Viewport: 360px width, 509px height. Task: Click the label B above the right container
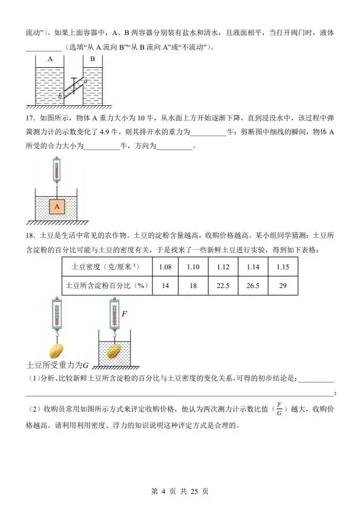(93, 59)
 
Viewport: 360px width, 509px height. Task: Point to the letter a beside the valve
(85, 80)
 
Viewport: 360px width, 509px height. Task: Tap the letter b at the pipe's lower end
(60, 96)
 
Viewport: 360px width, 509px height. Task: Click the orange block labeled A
(56, 207)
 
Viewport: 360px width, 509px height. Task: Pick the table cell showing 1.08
(163, 267)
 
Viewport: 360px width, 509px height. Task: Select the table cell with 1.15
(281, 267)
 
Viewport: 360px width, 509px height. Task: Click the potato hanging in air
(56, 351)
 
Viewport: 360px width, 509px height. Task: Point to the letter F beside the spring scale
(125, 315)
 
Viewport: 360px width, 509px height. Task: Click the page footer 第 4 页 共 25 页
(180, 491)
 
